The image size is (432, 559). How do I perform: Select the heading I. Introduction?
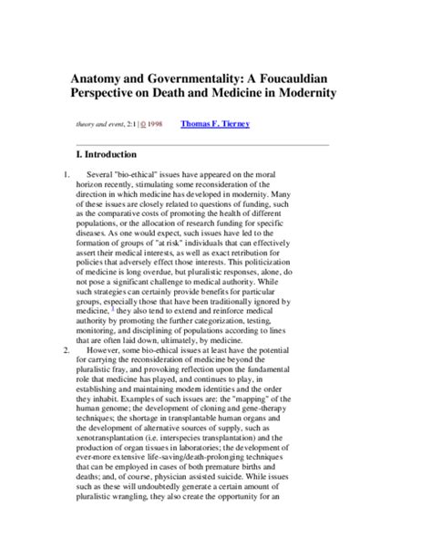108,154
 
